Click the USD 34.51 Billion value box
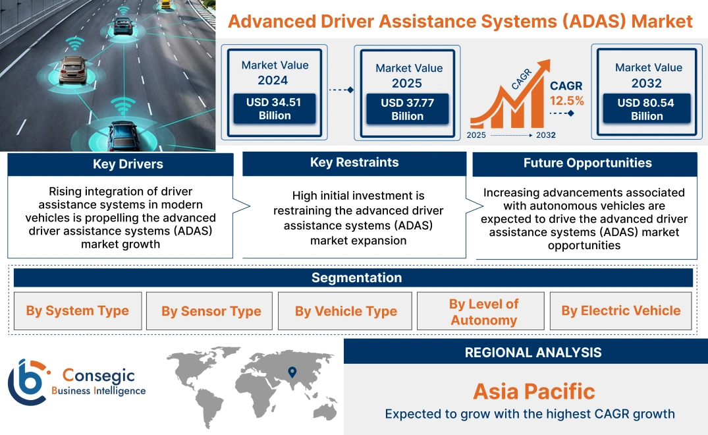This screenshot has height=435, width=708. (x=275, y=109)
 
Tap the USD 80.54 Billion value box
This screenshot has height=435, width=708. (x=646, y=109)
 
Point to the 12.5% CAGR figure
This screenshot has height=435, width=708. (x=567, y=101)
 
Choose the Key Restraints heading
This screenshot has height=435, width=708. (x=354, y=163)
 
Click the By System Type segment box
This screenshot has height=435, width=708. (x=78, y=311)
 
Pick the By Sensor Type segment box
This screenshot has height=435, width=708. (x=211, y=311)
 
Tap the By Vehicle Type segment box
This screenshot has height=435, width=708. (x=346, y=311)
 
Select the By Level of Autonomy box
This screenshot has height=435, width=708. (x=483, y=312)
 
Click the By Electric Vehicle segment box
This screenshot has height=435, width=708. (x=621, y=311)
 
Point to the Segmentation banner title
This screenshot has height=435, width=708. (x=356, y=277)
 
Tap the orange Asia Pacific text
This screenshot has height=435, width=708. (x=533, y=391)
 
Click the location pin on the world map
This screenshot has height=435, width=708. (x=292, y=373)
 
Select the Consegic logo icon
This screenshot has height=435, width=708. (x=27, y=382)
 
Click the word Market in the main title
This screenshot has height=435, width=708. (x=662, y=21)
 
